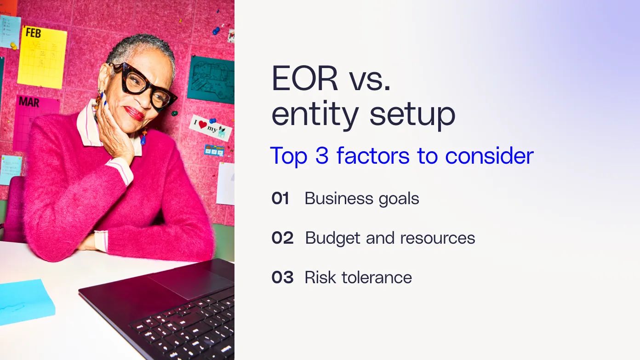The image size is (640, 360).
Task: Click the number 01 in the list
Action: pyautogui.click(x=280, y=199)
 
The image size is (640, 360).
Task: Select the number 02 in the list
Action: pyautogui.click(x=282, y=238)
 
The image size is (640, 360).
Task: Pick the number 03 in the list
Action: pyautogui.click(x=282, y=278)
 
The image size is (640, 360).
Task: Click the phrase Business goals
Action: pyautogui.click(x=362, y=199)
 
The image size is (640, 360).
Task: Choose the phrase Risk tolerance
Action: pyautogui.click(x=358, y=278)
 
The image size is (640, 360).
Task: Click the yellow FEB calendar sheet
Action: pyautogui.click(x=42, y=57)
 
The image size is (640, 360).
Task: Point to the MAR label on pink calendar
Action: pyautogui.click(x=29, y=102)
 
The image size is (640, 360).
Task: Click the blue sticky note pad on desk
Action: pyautogui.click(x=25, y=301)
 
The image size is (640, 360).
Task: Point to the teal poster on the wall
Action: pyautogui.click(x=211, y=79)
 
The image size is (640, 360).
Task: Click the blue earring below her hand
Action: pyautogui.click(x=143, y=137)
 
